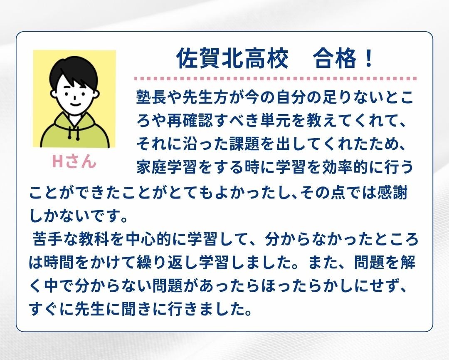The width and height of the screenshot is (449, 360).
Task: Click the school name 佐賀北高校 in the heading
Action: pyautogui.click(x=232, y=59)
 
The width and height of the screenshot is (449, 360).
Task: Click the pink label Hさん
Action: pyautogui.click(x=74, y=161)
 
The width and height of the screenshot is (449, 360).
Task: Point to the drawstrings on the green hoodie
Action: pyautogui.click(x=74, y=133)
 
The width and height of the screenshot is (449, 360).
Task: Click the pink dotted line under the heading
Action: pyautogui.click(x=275, y=78)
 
